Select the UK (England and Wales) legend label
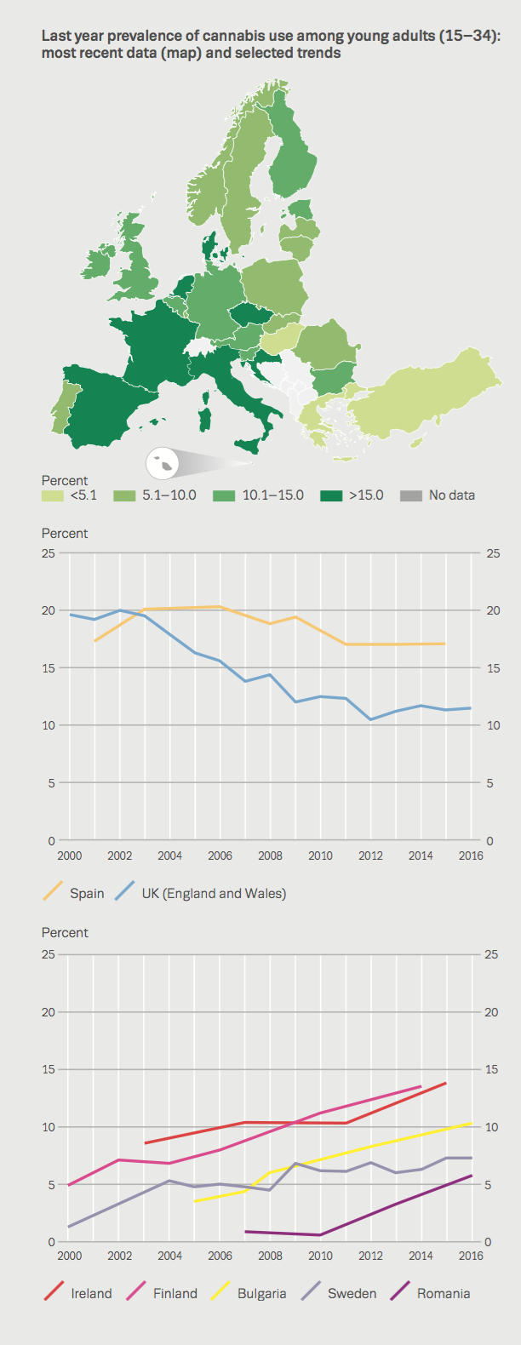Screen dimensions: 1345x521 tap(213, 893)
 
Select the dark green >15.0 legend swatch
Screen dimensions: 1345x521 tap(332, 495)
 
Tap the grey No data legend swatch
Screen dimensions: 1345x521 tap(411, 495)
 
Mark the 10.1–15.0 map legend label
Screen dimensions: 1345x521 tap(272, 495)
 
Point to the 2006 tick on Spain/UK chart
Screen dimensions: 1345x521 tap(220, 856)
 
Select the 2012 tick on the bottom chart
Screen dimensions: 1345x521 tap(370, 1256)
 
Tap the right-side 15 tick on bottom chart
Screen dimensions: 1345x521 tap(490, 1069)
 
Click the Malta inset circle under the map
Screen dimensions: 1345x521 tap(163, 464)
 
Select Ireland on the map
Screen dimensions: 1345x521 tap(96, 263)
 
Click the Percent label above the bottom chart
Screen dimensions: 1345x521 tap(65, 932)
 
